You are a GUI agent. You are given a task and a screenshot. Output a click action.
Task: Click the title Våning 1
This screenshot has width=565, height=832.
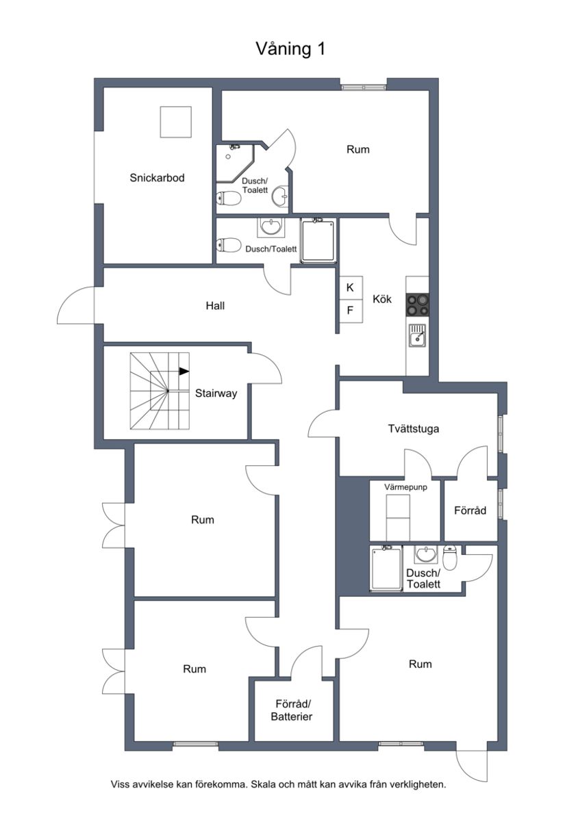[290, 49]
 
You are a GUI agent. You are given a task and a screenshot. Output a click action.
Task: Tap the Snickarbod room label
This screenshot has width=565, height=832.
[157, 178]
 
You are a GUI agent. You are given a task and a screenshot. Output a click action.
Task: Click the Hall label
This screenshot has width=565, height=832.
[215, 306]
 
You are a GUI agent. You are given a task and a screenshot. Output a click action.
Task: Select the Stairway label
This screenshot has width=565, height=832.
[216, 393]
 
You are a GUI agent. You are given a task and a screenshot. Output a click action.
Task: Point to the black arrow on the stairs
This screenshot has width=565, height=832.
[184, 371]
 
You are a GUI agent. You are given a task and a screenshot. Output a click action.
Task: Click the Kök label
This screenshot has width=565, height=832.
[382, 298]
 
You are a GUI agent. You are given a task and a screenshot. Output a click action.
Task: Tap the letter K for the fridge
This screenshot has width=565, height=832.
[350, 287]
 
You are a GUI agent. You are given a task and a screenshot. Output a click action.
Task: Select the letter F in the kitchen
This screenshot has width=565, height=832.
[350, 311]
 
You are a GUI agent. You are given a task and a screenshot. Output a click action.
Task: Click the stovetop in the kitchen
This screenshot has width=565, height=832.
[417, 304]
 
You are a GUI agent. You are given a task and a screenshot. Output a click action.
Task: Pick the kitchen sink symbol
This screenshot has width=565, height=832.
[416, 335]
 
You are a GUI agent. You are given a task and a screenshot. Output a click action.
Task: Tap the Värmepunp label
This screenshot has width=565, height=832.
[405, 487]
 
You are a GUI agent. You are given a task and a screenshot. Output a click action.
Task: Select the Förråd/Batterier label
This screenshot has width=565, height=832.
[294, 710]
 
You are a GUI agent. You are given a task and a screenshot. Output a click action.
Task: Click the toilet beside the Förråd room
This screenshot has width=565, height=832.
[450, 558]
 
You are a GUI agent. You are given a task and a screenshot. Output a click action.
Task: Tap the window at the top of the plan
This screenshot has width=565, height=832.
[364, 87]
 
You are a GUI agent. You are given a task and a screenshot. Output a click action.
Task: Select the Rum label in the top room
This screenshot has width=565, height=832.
[357, 149]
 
